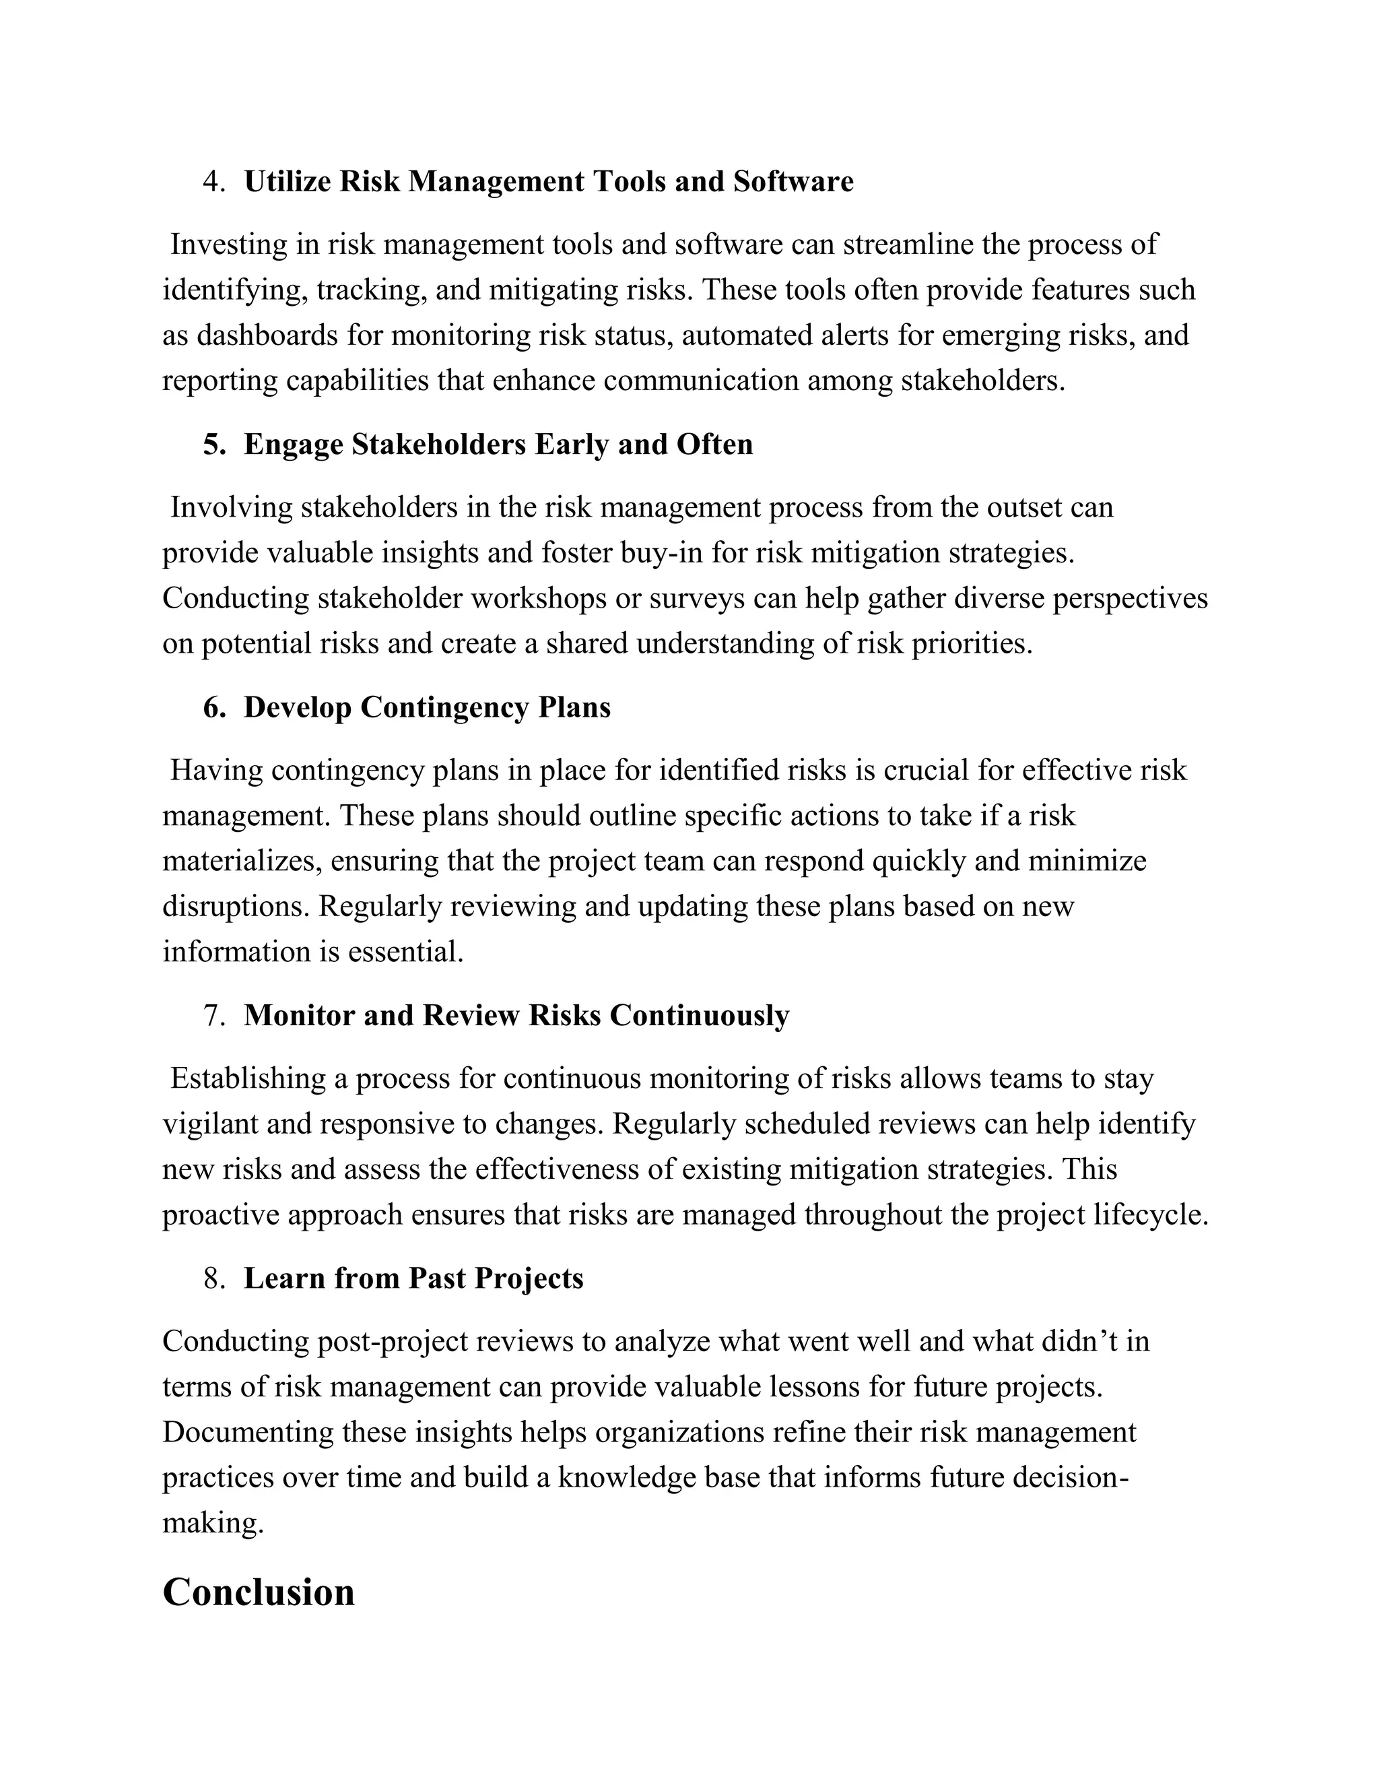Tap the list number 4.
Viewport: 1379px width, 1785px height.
[214, 181]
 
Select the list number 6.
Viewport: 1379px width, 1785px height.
[214, 707]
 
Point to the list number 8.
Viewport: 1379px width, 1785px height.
[214, 1278]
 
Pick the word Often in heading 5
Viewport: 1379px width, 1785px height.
[715, 445]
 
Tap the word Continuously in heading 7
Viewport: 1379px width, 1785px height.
[700, 1015]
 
